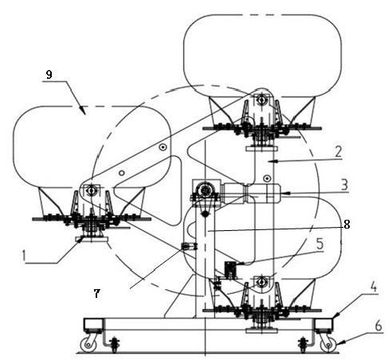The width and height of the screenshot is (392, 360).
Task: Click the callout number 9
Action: click(49, 75)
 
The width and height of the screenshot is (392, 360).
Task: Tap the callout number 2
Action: click(338, 152)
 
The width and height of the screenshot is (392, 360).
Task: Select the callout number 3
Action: click(344, 185)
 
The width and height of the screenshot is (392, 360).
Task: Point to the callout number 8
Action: click(347, 225)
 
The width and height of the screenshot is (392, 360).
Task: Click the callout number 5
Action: click(320, 244)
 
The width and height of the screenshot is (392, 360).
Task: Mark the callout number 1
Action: click(24, 256)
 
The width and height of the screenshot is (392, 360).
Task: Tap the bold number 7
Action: click(96, 294)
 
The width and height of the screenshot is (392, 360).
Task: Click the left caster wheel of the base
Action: click(88, 344)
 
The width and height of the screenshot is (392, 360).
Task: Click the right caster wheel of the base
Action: click(328, 345)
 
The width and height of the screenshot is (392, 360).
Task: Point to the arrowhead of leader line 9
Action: click(83, 110)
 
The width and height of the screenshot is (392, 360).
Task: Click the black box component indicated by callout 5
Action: click(230, 270)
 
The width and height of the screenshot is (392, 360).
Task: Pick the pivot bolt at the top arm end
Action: click(261, 100)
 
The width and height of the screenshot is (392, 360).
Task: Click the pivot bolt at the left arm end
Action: click(92, 190)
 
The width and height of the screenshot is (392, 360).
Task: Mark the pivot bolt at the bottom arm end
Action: click(261, 281)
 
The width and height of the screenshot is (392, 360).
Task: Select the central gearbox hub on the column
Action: click(205, 190)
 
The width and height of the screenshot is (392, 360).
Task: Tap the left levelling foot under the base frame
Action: click(115, 344)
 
